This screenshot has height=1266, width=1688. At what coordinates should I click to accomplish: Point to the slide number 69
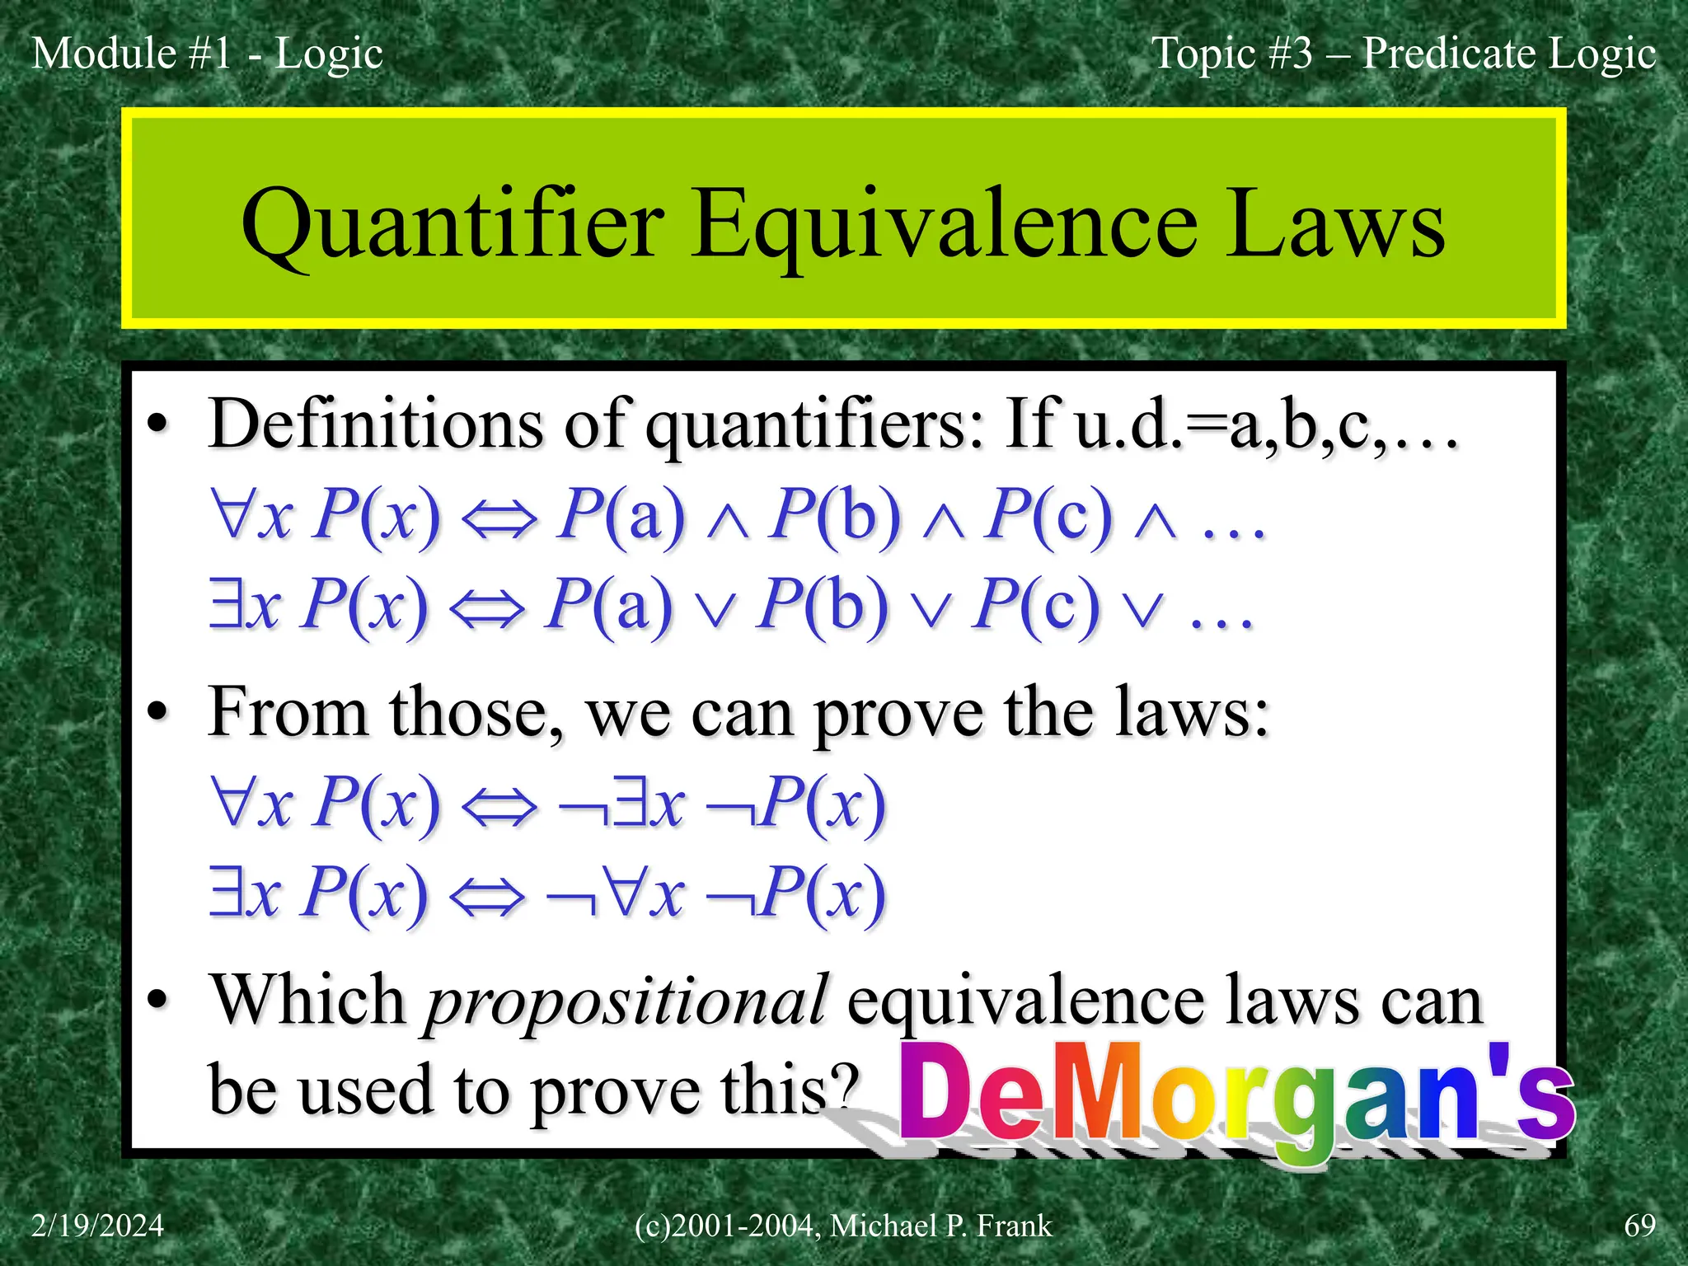1639,1226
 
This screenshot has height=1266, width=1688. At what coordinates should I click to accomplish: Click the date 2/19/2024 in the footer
97,1226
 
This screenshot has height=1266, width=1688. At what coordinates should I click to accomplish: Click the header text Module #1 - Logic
207,54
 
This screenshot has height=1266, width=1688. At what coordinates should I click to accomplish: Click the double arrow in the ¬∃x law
499,806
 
